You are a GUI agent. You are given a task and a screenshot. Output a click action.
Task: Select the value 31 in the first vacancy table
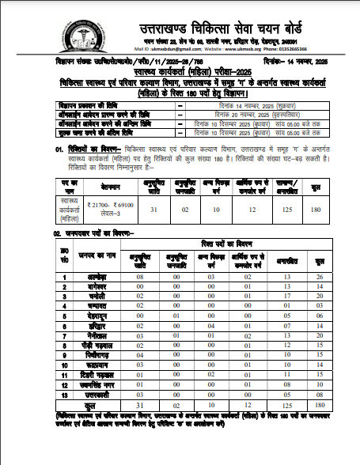(x=153, y=187)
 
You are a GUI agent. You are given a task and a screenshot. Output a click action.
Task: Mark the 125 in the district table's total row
(x=286, y=403)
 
